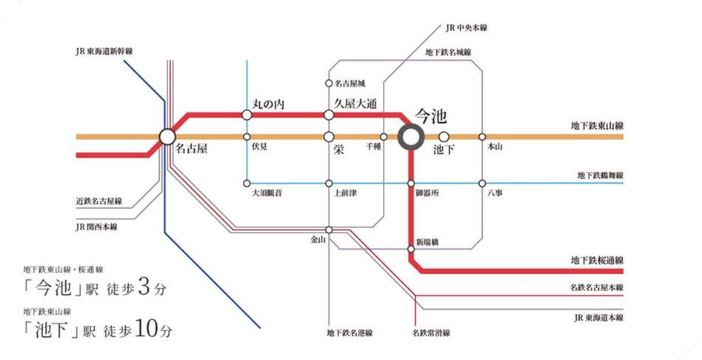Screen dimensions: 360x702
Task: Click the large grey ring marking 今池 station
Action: click(411, 137)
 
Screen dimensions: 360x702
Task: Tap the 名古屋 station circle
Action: click(167, 137)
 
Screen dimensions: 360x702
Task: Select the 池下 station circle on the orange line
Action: click(444, 137)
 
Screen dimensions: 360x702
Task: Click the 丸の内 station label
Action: click(268, 104)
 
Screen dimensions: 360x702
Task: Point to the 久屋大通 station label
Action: click(356, 104)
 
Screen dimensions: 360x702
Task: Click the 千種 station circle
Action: click(384, 137)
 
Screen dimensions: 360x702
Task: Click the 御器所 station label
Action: click(428, 193)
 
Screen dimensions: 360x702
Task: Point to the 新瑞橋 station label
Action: click(429, 242)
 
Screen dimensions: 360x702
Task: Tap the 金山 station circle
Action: click(328, 230)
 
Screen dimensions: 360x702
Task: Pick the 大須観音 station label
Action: click(267, 193)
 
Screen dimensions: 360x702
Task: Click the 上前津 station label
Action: click(347, 193)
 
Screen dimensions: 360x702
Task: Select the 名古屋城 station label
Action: click(350, 83)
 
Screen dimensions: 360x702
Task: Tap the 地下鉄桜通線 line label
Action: click(597, 260)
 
